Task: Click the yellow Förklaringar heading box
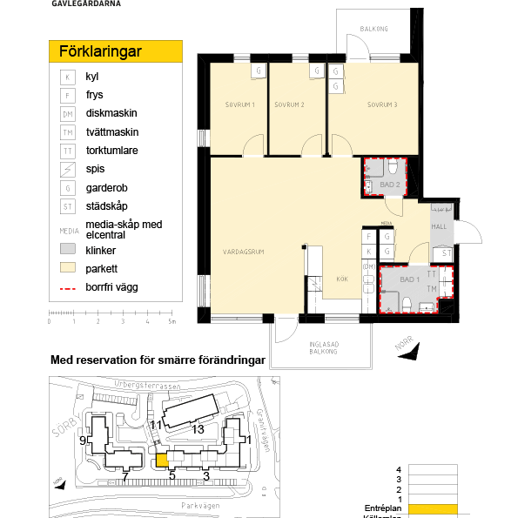pos(115,50)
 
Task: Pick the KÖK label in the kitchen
pos(342,279)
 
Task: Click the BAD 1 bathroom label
pos(408,279)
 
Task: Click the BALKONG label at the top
pos(373,29)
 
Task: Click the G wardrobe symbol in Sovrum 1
pos(259,71)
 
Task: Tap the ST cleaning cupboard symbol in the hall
pos(446,252)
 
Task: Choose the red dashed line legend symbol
pos(68,286)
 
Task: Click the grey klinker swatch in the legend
pos(68,249)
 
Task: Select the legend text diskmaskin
pos(111,113)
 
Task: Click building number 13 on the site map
pos(198,428)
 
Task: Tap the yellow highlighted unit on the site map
pos(161,461)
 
